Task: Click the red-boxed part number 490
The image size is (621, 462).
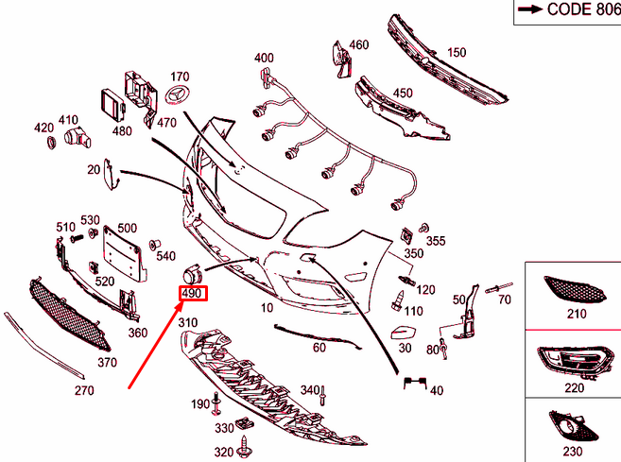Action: [x=193, y=293]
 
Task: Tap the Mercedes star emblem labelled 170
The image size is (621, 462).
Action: [x=177, y=96]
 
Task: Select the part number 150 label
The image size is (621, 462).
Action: [x=457, y=52]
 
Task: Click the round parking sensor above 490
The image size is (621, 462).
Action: [x=193, y=274]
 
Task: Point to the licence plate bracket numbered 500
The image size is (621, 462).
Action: [x=123, y=254]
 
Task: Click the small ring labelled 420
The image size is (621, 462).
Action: [x=51, y=143]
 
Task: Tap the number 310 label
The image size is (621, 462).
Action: [x=188, y=323]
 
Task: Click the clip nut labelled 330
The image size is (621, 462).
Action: [x=245, y=424]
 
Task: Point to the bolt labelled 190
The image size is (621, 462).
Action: [x=216, y=403]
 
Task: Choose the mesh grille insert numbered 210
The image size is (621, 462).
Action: [x=575, y=289]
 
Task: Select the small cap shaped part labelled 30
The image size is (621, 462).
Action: [x=403, y=333]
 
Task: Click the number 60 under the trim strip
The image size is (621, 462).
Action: [x=319, y=347]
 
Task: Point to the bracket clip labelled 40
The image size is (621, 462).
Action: [x=415, y=383]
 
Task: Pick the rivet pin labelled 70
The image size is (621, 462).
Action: [x=499, y=288]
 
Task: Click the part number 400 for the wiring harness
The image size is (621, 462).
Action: [x=264, y=58]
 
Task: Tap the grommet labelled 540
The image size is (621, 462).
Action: [x=154, y=246]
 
